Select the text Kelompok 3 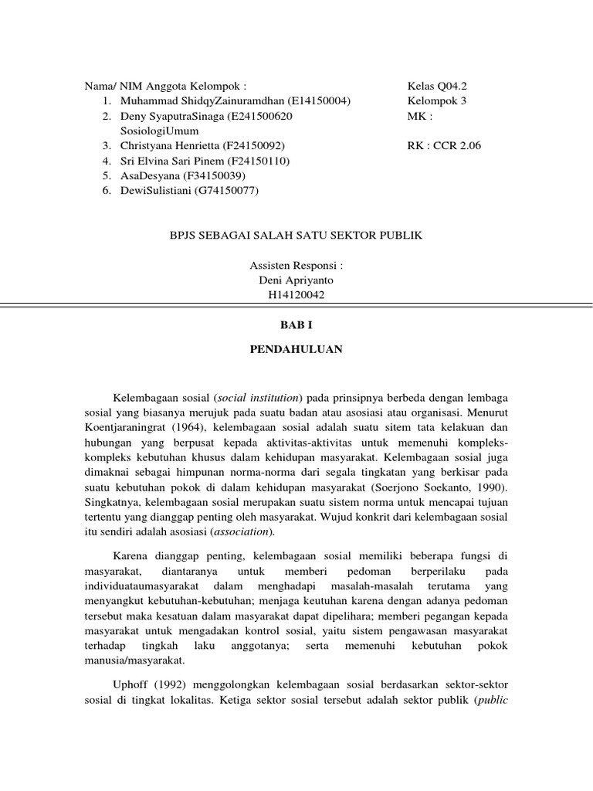coord(437,100)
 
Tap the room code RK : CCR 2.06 coord(444,145)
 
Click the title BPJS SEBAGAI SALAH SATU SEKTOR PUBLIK coord(296,235)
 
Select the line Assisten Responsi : coord(296,265)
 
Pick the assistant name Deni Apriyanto coord(296,280)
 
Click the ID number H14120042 coord(296,294)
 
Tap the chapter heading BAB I coord(296,327)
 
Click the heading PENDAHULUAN coord(296,349)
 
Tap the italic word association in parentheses coord(244,531)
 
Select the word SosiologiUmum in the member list coord(160,131)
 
